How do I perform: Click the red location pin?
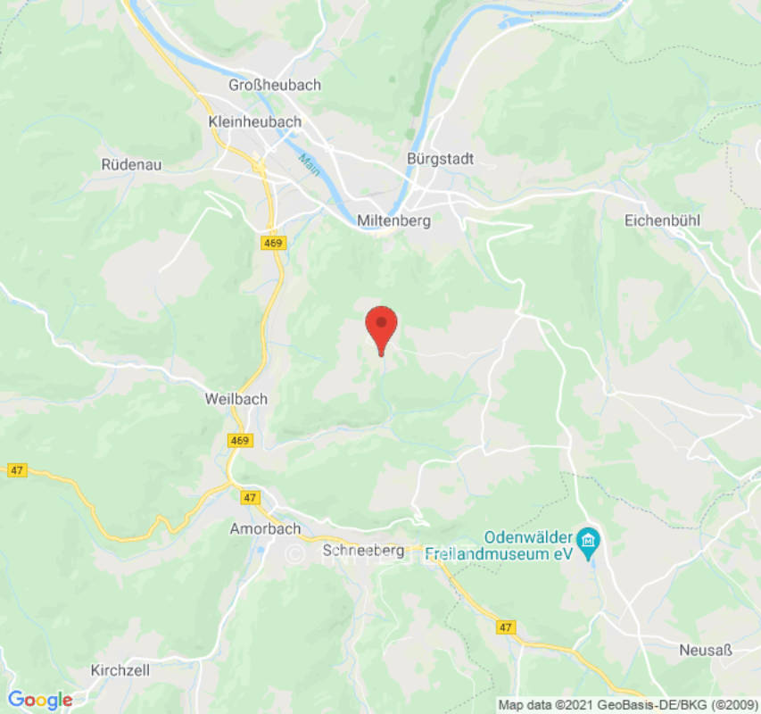coord(381,326)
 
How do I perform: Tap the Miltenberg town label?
coord(393,220)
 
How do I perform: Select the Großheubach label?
coord(275,85)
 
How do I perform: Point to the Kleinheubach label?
coord(253,121)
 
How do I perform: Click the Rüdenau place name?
coord(132,164)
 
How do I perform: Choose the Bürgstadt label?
coord(440,159)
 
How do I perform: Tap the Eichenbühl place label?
coord(663,220)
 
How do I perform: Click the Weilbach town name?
coord(236,399)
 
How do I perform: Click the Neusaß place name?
coord(705,650)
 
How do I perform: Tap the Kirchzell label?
coord(120,669)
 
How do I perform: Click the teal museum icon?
coord(589,539)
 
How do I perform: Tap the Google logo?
coord(39,700)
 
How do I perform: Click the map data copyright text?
coord(628,705)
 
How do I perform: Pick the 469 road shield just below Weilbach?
coord(239,440)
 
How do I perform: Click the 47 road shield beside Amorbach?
coord(249,497)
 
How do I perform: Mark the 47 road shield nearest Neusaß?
coord(506,627)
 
